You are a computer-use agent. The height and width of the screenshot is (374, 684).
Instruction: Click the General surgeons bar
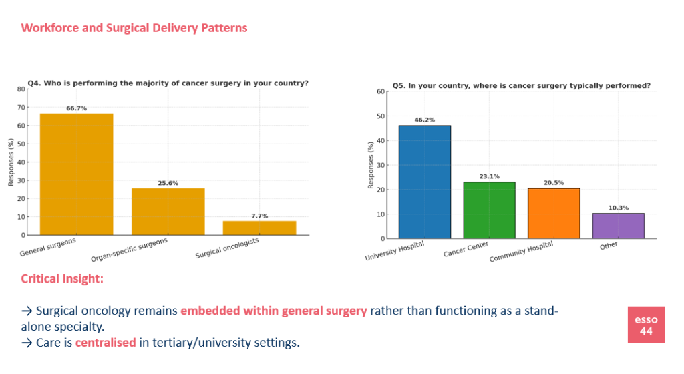76,174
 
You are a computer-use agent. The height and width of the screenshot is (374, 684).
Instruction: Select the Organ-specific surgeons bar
168,211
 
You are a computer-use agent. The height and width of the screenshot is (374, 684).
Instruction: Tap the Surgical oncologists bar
259,228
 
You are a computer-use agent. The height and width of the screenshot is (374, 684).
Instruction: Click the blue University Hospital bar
424,182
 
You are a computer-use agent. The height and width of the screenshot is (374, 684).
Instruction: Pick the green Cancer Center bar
489,210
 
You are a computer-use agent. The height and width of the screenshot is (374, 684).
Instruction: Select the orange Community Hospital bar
554,213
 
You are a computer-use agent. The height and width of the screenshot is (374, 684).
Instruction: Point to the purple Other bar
619,226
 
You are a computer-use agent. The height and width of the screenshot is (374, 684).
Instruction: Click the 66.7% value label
76,108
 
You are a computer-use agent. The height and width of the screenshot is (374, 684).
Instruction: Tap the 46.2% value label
424,120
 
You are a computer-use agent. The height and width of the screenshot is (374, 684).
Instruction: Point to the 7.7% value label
259,216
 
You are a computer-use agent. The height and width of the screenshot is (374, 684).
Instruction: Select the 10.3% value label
619,208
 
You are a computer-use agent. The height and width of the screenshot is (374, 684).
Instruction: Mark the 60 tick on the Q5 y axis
381,91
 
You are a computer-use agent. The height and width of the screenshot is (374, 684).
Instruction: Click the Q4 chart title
168,83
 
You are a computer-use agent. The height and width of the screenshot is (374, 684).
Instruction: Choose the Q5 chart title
521,85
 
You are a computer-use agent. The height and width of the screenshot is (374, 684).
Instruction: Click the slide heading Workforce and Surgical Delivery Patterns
134,28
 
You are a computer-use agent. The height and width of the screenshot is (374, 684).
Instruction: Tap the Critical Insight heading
62,278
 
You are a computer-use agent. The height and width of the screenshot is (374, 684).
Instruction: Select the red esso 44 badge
646,325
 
